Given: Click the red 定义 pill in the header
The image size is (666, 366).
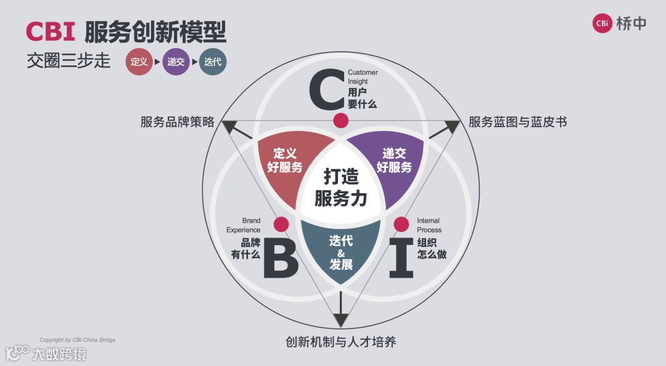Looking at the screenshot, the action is pos(139,62).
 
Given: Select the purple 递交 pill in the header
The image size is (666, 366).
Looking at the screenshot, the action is pos(176,62).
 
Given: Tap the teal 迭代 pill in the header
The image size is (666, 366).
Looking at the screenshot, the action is pos(213,62).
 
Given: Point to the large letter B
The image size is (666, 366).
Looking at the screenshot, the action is pos(281,259).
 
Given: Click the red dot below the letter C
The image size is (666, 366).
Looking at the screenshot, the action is pos(340,120).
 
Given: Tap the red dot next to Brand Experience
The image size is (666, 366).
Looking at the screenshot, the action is pos(281,224).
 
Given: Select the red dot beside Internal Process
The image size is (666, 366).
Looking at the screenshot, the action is pos(401,224).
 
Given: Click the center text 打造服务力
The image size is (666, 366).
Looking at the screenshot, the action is pos(341,188).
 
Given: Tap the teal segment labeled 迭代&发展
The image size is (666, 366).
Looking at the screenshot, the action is pos(341,252).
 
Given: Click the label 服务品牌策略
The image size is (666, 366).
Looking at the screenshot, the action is pos(178,122).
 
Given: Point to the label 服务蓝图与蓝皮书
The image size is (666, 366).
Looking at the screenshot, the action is pos(517,122).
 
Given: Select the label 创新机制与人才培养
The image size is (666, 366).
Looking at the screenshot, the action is pos(341,342).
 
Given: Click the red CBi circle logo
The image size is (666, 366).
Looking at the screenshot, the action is pos(602,23).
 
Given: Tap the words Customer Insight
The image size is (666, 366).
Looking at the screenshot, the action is pos(363,77).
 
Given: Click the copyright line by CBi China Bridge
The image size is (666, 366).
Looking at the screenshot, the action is pos(78,340).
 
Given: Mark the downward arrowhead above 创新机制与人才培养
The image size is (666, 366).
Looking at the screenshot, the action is pos(341,320).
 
